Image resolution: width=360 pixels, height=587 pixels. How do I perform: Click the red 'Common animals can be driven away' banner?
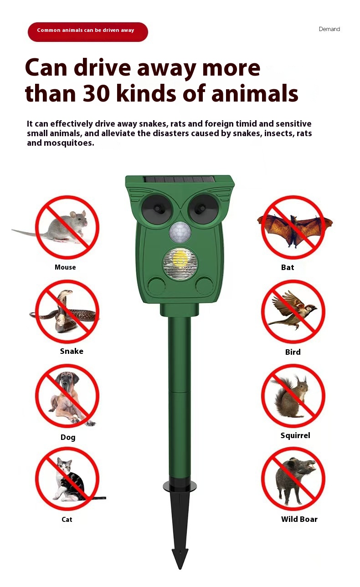click(88, 32)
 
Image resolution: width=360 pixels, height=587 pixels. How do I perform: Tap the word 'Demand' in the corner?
click(329, 29)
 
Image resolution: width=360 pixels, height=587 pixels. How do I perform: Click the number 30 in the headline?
click(96, 93)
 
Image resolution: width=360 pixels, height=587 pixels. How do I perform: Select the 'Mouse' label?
click(65, 267)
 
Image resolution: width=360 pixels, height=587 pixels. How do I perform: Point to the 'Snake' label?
click(72, 351)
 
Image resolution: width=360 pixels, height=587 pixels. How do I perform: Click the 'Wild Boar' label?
click(299, 519)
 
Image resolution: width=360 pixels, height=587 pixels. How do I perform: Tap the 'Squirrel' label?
click(295, 435)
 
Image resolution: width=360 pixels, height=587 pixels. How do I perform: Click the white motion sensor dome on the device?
click(180, 232)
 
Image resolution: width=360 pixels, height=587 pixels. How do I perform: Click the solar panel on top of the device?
click(179, 179)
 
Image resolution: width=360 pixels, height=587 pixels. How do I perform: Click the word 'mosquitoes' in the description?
click(69, 143)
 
